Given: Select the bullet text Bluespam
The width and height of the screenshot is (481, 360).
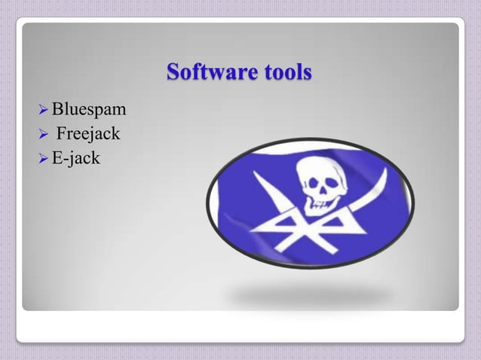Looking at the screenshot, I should pos(88,112).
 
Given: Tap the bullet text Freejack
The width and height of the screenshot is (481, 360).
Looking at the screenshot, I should pos(89,136).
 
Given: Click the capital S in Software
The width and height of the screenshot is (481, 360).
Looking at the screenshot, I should pos(173,73).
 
